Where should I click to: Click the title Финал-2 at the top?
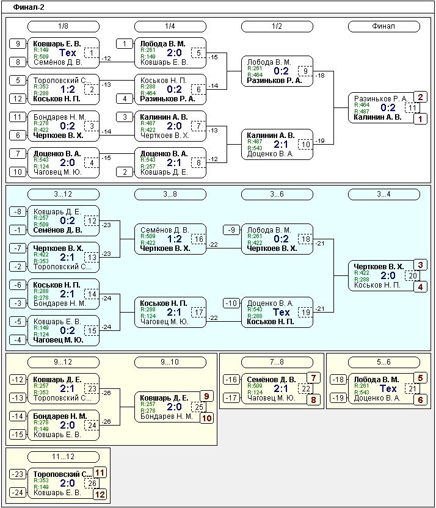point(29,7)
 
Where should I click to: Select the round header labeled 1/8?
point(64,27)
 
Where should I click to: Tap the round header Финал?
point(384,27)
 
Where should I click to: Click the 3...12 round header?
point(64,194)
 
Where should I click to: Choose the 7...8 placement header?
point(277,362)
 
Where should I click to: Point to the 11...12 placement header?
point(64,457)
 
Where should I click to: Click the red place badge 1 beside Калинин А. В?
point(421,119)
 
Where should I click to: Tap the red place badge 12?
point(100,495)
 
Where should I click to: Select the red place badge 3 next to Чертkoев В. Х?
point(421,265)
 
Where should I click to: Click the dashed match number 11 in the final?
point(412,108)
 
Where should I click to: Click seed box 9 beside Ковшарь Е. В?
point(18,44)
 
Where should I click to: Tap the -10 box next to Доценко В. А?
point(231,303)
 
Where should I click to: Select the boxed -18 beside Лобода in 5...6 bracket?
point(338,380)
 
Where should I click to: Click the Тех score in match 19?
point(281,313)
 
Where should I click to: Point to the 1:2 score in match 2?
point(67,90)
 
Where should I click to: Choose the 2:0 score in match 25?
point(174,407)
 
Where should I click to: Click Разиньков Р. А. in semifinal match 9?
point(274,81)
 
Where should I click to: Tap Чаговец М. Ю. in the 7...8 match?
point(272,398)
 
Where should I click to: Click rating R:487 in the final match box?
point(362,112)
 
